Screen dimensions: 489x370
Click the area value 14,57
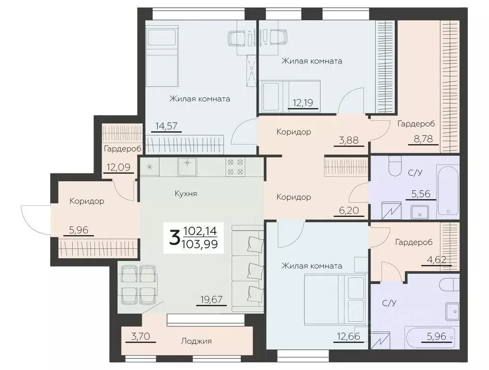click(x=167, y=126)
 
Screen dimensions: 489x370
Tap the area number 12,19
click(x=303, y=102)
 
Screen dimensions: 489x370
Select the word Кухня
click(x=186, y=194)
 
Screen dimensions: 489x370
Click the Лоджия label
click(x=197, y=341)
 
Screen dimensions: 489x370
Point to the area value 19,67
click(x=211, y=300)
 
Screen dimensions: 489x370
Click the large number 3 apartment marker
click(x=174, y=238)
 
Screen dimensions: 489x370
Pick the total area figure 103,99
click(x=199, y=244)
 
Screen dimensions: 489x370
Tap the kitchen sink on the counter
click(x=187, y=167)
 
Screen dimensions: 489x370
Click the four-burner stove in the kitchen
click(x=236, y=167)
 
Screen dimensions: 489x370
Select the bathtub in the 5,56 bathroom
click(x=448, y=191)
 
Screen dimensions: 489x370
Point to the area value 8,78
click(x=423, y=139)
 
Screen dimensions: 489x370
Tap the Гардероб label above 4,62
click(x=414, y=242)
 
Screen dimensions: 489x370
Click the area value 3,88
click(x=348, y=140)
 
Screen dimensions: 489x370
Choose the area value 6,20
click(x=349, y=211)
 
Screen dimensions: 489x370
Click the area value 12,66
click(x=348, y=337)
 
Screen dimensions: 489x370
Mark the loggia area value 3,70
click(x=141, y=337)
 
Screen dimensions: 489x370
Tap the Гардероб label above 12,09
click(x=122, y=149)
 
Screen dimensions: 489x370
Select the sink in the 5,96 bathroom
click(x=452, y=311)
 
